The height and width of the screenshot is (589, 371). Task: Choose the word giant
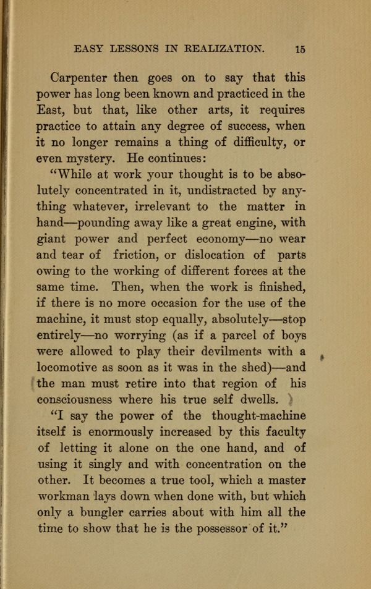point(53,239)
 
